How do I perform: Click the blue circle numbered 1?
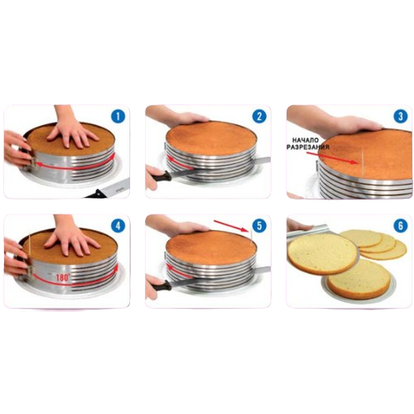(x=118, y=117)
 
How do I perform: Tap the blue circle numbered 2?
(x=259, y=117)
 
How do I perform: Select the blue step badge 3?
(x=401, y=117)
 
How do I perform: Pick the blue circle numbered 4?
(x=118, y=226)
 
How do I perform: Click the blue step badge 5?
(x=259, y=226)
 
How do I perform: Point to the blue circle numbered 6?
(x=401, y=226)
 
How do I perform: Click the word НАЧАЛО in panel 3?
(x=306, y=141)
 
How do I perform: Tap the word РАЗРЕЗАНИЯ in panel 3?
(x=308, y=147)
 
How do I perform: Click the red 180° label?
(x=62, y=277)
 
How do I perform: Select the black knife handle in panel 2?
(x=161, y=176)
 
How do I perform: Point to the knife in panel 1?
(x=108, y=188)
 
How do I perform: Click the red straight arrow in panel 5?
(x=230, y=225)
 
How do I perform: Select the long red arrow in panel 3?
(x=336, y=157)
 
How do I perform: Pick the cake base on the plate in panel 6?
(x=359, y=287)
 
